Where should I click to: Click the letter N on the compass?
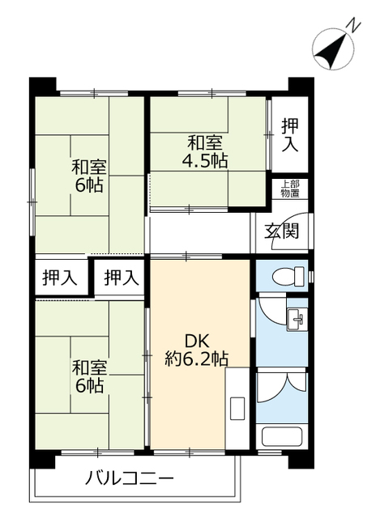[x=354, y=27]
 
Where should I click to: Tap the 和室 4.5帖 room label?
[x=205, y=152]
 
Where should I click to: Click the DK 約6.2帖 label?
[x=197, y=350]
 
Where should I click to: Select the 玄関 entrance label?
[x=281, y=231]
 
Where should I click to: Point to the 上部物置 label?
[x=290, y=189]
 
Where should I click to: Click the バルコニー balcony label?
[x=130, y=478]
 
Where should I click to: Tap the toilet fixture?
[x=288, y=276]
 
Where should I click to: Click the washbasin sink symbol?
[x=297, y=319]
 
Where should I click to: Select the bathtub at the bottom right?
[x=282, y=437]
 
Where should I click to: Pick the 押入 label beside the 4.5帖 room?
[x=290, y=135]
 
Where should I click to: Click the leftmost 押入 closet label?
[x=60, y=278]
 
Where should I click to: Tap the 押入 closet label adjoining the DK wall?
[x=122, y=278]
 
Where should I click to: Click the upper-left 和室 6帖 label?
[x=89, y=176]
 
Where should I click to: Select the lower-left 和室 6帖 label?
[x=89, y=376]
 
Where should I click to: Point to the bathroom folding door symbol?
[x=283, y=387]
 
